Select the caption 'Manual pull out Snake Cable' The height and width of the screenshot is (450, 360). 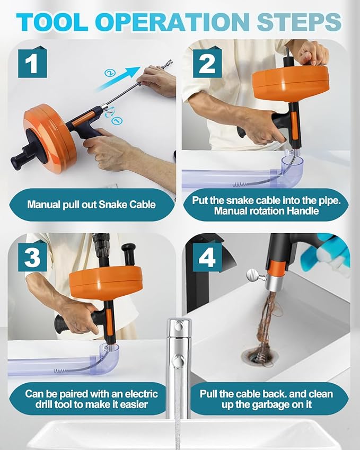[x=91, y=204]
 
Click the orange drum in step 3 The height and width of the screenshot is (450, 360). [x=106, y=281]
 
